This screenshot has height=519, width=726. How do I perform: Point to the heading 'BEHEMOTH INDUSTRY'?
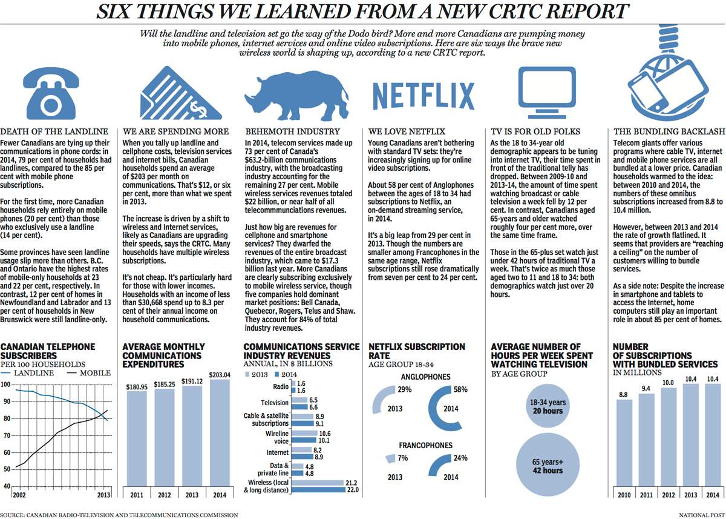[x=292, y=131]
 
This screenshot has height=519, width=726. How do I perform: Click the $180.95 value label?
[x=137, y=386]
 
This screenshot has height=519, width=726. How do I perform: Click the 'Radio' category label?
[x=281, y=386]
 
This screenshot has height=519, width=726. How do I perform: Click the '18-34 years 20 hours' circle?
[x=547, y=406]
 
